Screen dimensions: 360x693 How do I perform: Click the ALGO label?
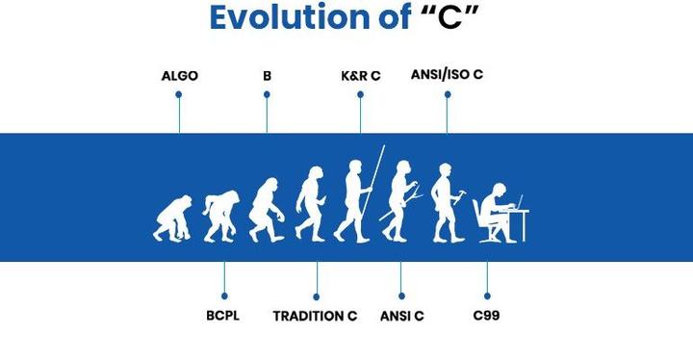pyautogui.click(x=179, y=75)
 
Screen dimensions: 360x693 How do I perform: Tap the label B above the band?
pyautogui.click(x=267, y=75)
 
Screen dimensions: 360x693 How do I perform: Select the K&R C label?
pyautogui.click(x=361, y=75)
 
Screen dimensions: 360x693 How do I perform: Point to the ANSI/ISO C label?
pyautogui.click(x=447, y=74)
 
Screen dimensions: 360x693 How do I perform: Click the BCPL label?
pyautogui.click(x=222, y=316)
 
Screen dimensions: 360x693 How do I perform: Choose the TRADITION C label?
pyautogui.click(x=315, y=316)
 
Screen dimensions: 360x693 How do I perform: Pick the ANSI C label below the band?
pyautogui.click(x=401, y=316)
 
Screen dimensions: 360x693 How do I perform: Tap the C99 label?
pyautogui.click(x=486, y=316)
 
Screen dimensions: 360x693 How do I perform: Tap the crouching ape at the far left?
pyautogui.click(x=170, y=218)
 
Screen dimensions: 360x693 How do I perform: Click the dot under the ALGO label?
pyautogui.click(x=179, y=94)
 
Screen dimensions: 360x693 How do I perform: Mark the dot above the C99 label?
pyautogui.click(x=487, y=296)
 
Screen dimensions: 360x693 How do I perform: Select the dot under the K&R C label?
pyautogui.click(x=361, y=94)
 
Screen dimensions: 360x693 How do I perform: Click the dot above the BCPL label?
pyautogui.click(x=223, y=296)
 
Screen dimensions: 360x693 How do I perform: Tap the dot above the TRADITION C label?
pyautogui.click(x=316, y=296)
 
